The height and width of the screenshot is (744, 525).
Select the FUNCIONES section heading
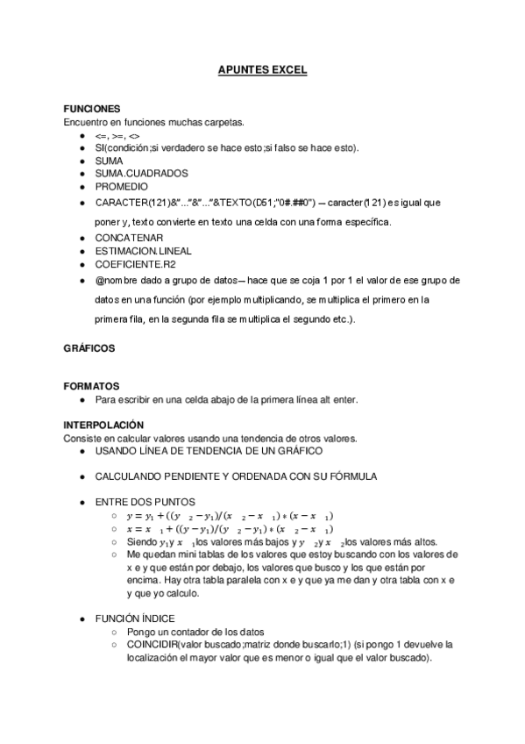(x=91, y=110)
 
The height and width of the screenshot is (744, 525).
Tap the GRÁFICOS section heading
(x=89, y=348)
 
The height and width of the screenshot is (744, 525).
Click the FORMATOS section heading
(x=91, y=386)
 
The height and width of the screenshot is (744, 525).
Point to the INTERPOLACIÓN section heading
(x=103, y=425)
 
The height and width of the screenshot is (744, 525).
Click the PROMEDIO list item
(x=122, y=186)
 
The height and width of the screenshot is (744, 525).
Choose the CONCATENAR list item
(x=128, y=237)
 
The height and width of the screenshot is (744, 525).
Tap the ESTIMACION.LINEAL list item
(x=143, y=250)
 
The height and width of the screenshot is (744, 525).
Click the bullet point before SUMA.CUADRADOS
(x=82, y=174)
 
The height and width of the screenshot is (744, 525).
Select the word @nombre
(x=118, y=280)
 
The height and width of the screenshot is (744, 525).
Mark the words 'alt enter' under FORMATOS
(x=336, y=400)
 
